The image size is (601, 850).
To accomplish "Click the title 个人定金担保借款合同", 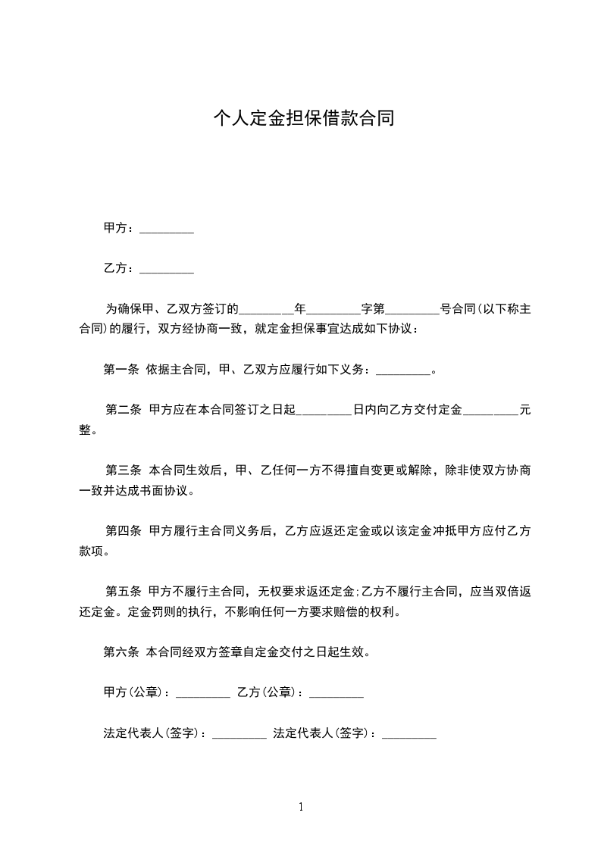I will point(303,119).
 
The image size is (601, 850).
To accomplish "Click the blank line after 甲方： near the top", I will point(167,230).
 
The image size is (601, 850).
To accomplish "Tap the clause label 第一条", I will point(121,370).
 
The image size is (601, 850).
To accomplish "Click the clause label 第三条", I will point(124,470).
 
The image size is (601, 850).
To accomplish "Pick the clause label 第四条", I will point(124,531).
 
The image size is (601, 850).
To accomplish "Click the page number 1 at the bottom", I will point(301,807).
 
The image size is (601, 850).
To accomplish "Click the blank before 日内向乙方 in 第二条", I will point(324,412).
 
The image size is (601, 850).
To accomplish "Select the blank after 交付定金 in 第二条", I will point(490,412).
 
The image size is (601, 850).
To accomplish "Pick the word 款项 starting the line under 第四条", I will point(92,552).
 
